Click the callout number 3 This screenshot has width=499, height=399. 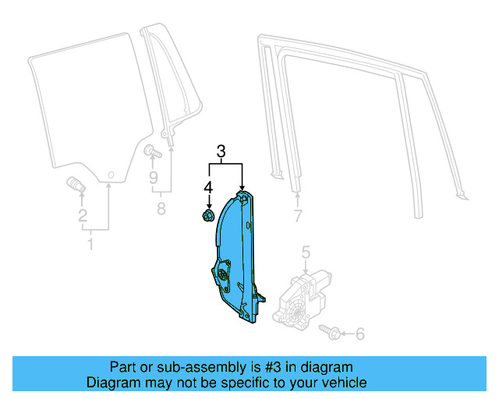click(221, 152)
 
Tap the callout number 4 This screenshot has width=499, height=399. click(208, 187)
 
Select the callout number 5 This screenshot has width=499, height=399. click(306, 251)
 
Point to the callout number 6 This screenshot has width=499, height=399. click(359, 334)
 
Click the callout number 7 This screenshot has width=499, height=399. click(297, 215)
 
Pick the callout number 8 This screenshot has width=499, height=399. click(162, 208)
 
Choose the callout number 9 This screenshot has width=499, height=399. click(154, 178)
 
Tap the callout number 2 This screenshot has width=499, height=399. click(83, 217)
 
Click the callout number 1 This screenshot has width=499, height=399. click(90, 245)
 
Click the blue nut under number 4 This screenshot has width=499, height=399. click(208, 215)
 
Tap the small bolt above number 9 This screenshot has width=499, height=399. click(150, 150)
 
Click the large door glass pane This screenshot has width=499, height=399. click(82, 109)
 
